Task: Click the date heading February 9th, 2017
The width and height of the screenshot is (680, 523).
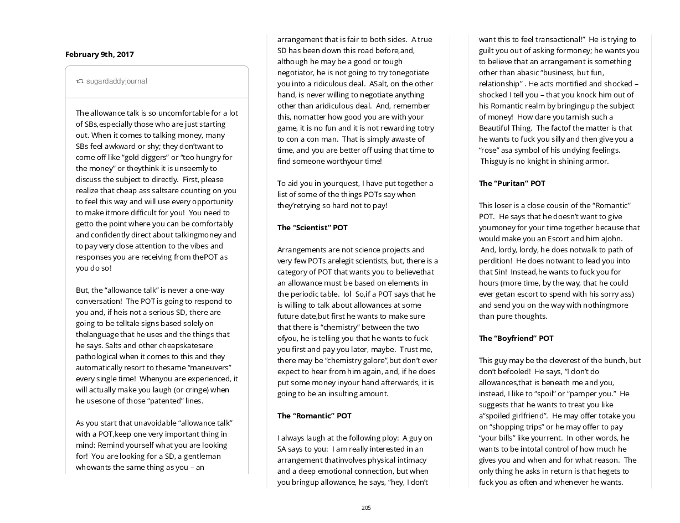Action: coord(100,54)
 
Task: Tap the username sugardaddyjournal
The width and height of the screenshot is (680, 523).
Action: coord(116,81)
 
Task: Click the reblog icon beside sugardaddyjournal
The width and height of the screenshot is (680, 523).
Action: coord(80,81)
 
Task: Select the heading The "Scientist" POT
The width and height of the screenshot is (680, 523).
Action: coord(312,227)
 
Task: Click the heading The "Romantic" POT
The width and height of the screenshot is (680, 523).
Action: coord(314,416)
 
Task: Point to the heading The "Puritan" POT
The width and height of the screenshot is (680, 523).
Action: coord(512,183)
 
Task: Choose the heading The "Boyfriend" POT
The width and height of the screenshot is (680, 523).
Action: coord(516,338)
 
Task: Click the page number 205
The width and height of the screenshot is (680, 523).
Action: coord(366,508)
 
